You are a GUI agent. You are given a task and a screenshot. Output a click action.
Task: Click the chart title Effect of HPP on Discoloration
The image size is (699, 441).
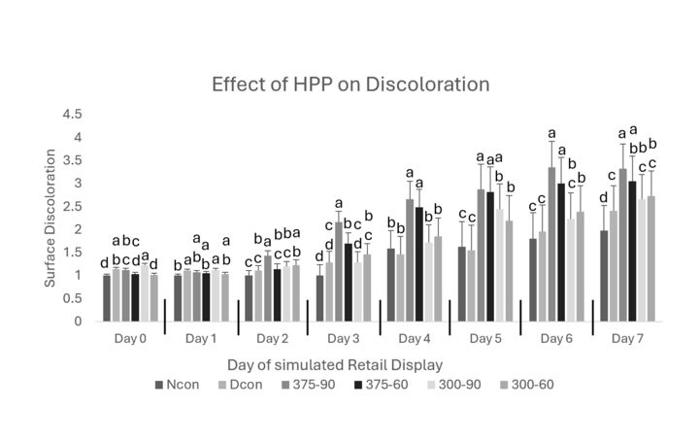[x=350, y=85]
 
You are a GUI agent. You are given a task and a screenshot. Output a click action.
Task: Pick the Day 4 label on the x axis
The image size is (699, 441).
[x=415, y=339]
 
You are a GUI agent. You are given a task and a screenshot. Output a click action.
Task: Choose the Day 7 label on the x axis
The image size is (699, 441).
[x=628, y=339]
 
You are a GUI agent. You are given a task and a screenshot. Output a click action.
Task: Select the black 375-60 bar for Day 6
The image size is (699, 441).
[x=561, y=253]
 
